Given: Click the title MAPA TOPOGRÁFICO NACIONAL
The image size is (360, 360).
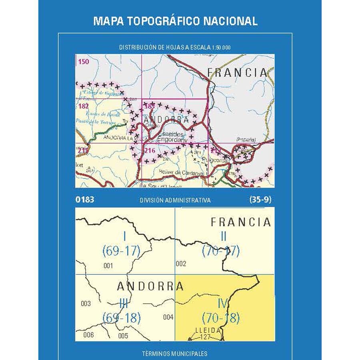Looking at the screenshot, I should [x=175, y=21].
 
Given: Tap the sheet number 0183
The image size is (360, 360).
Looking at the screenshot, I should [x=85, y=200].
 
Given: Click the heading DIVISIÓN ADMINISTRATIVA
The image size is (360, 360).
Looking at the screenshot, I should [x=175, y=200].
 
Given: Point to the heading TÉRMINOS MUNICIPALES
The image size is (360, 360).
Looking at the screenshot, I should [x=175, y=354].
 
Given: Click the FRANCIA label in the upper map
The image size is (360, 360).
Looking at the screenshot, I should [x=237, y=72].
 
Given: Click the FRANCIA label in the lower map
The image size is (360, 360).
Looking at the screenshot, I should [x=240, y=222].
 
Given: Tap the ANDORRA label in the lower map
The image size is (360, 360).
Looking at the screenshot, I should [x=150, y=286].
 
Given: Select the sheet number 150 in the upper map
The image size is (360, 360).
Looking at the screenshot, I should [x=84, y=62].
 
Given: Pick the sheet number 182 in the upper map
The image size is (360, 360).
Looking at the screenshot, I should [x=83, y=106].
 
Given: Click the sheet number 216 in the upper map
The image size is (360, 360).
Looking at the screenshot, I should [x=150, y=150].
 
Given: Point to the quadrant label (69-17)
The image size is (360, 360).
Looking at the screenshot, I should [x=122, y=251].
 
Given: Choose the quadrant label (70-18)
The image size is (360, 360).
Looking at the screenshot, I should [x=221, y=318].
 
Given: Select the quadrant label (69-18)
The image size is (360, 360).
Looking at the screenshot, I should [x=122, y=318].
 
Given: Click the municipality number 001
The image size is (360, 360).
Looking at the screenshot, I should [x=108, y=266].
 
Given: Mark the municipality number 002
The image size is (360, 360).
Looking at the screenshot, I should [x=181, y=264].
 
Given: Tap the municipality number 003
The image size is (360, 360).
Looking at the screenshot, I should [x=86, y=304].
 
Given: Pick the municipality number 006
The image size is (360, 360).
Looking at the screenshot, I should [x=88, y=335].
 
